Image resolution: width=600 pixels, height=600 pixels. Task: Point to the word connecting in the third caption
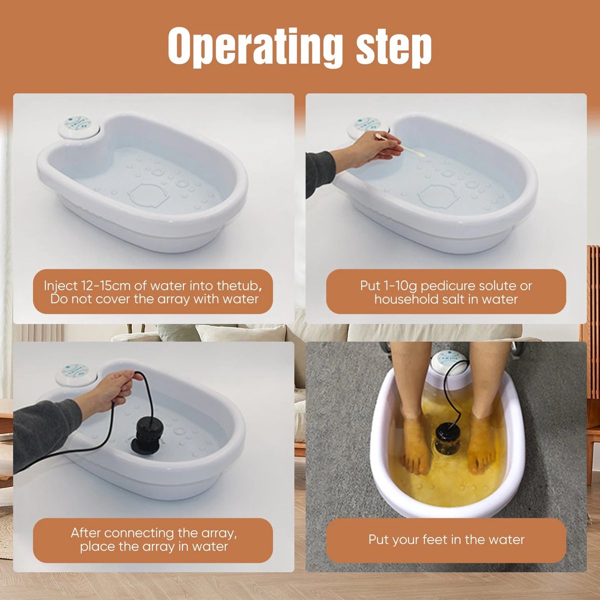(138, 532)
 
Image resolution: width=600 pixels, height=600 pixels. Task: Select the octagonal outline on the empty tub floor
(148, 194)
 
